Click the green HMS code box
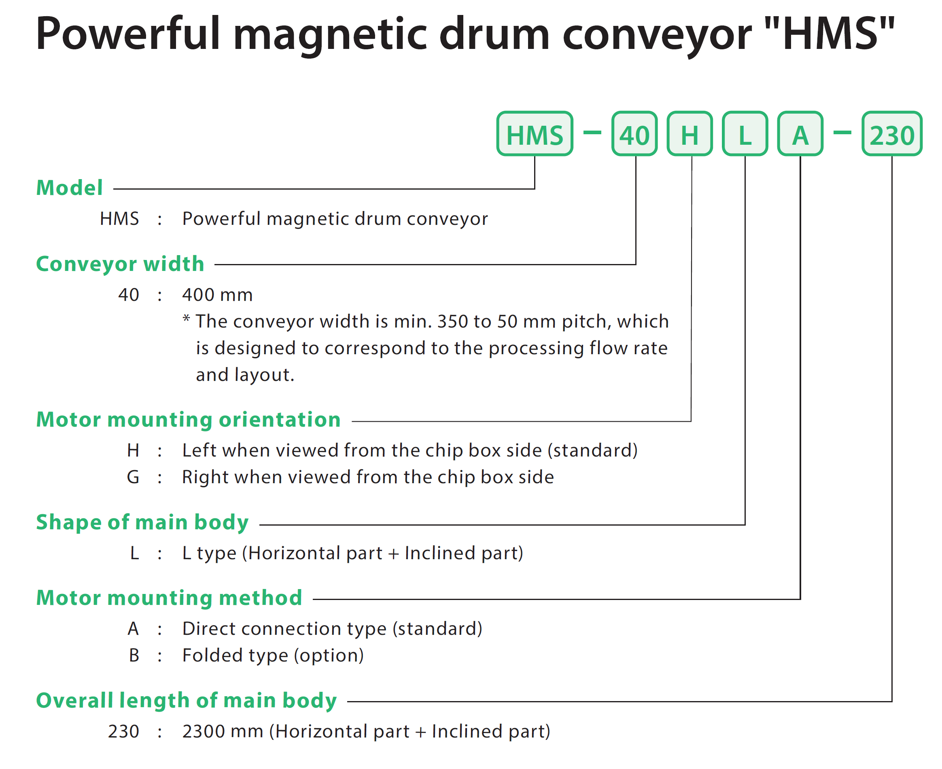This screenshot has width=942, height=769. click(535, 133)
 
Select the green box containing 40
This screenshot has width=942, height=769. click(634, 133)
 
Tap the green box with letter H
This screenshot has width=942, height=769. click(690, 133)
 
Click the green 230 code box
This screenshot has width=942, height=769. click(892, 133)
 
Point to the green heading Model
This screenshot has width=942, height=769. click(70, 188)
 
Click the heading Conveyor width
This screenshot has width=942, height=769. click(120, 264)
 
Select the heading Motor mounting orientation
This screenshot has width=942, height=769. click(189, 420)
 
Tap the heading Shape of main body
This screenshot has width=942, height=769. click(142, 522)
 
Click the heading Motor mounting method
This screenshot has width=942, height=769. click(169, 598)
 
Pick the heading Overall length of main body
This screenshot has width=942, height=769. click(187, 700)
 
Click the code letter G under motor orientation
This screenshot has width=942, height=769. click(133, 477)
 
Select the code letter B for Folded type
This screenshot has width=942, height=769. click(134, 655)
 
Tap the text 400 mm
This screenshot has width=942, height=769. click(218, 295)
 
